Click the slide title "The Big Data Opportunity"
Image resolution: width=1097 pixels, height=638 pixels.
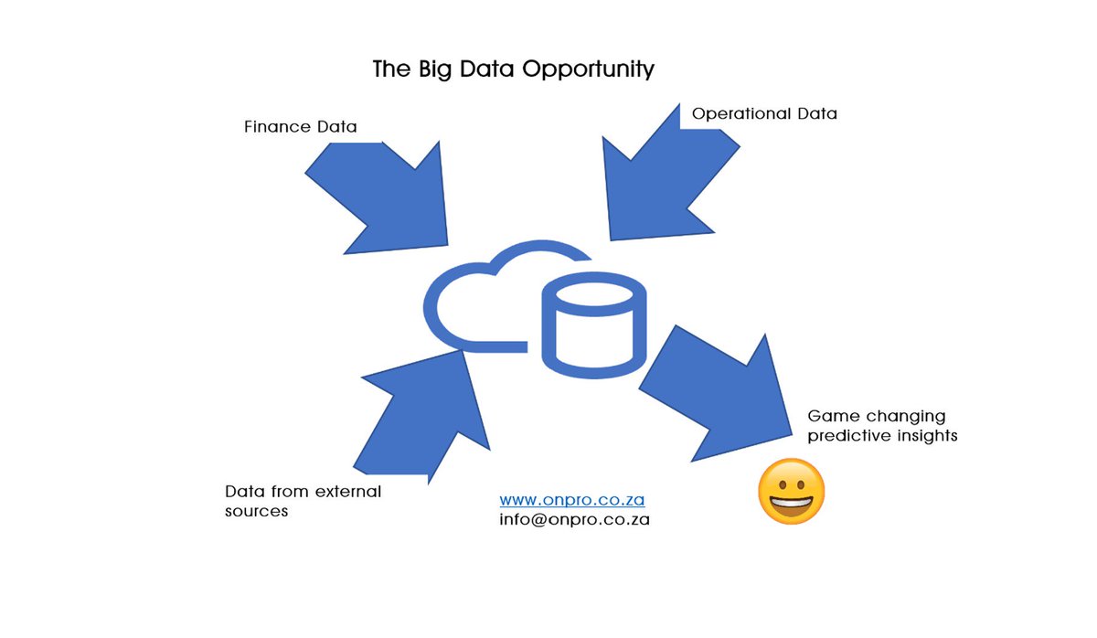pyautogui.click(x=513, y=69)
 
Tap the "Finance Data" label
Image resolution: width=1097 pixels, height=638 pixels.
pyautogui.click(x=300, y=127)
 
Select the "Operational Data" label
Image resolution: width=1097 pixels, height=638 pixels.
pyautogui.click(x=764, y=114)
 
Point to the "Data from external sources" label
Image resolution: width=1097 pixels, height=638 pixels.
pyautogui.click(x=303, y=501)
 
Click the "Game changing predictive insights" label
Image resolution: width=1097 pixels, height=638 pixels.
pyautogui.click(x=882, y=426)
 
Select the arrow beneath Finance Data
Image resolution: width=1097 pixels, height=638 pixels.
pyautogui.click(x=384, y=197)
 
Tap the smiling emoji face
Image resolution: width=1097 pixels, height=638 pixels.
pyautogui.click(x=792, y=492)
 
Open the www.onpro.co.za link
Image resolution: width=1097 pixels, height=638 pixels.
pyautogui.click(x=572, y=501)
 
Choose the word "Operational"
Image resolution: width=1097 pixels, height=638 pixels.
pyautogui.click(x=740, y=114)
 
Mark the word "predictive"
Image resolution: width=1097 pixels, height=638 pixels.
pyautogui.click(x=846, y=436)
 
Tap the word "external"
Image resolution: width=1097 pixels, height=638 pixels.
pyautogui.click(x=347, y=492)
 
